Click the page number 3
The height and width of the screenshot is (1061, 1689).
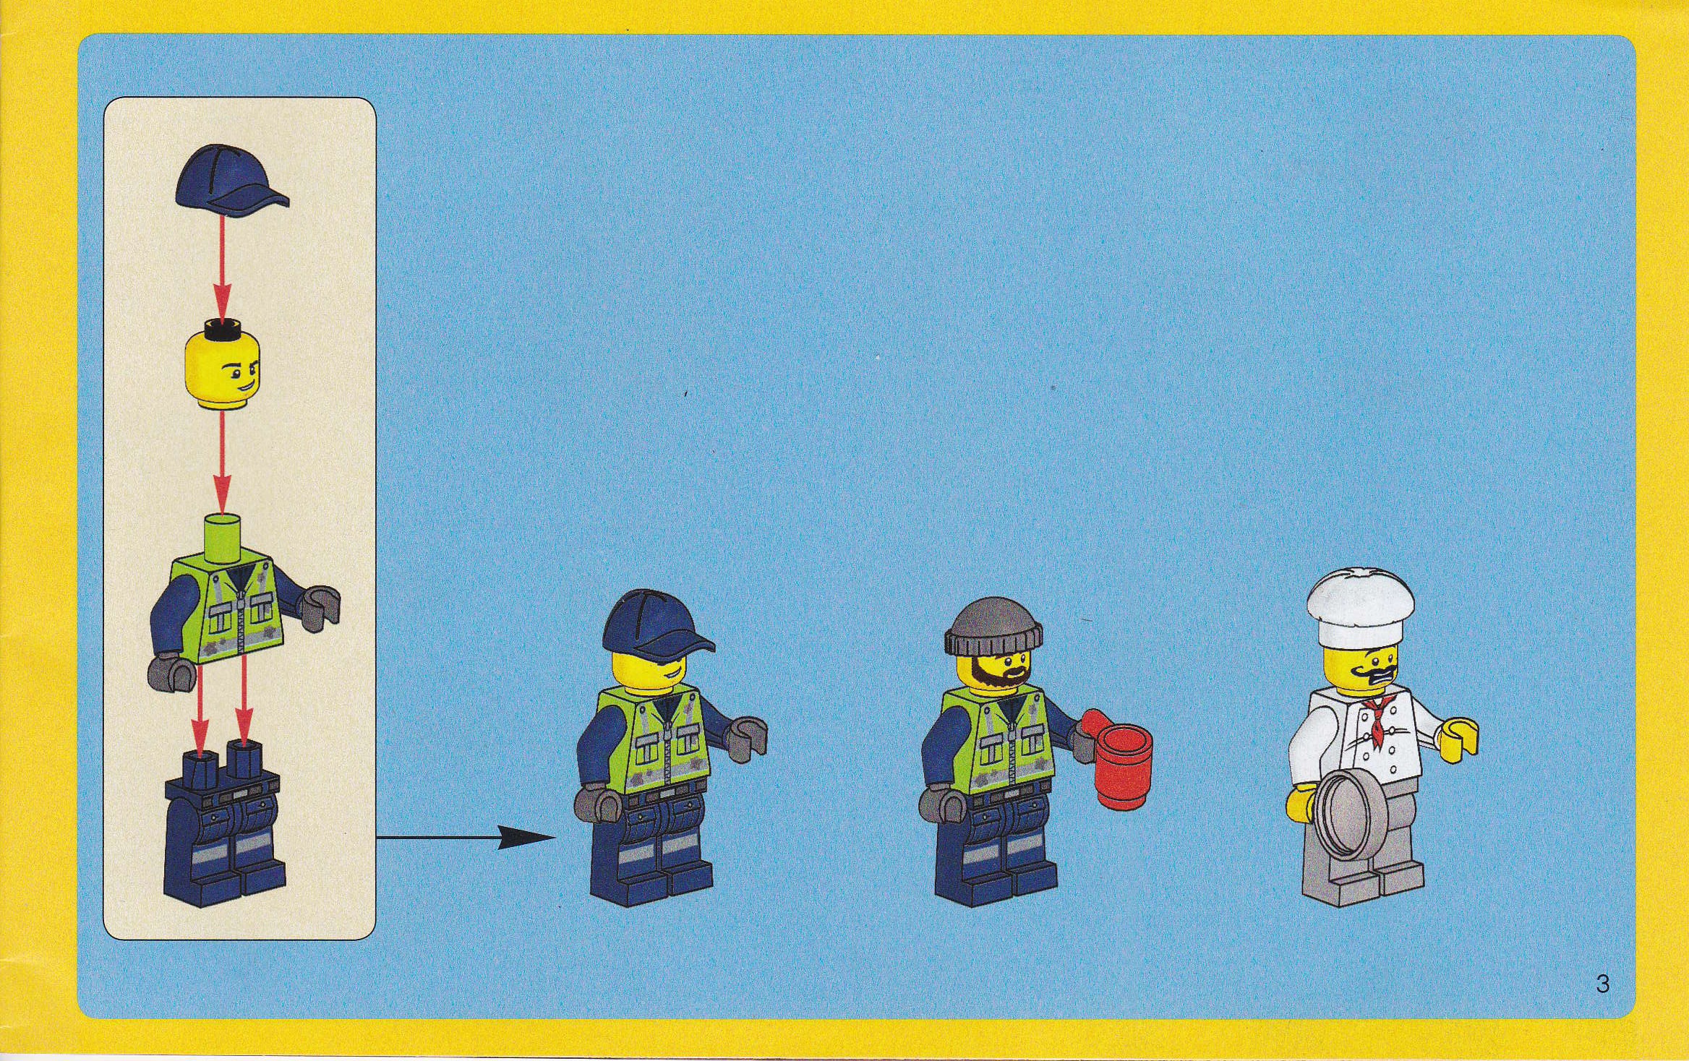tap(1602, 984)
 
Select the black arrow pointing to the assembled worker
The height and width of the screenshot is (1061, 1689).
tap(466, 838)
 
